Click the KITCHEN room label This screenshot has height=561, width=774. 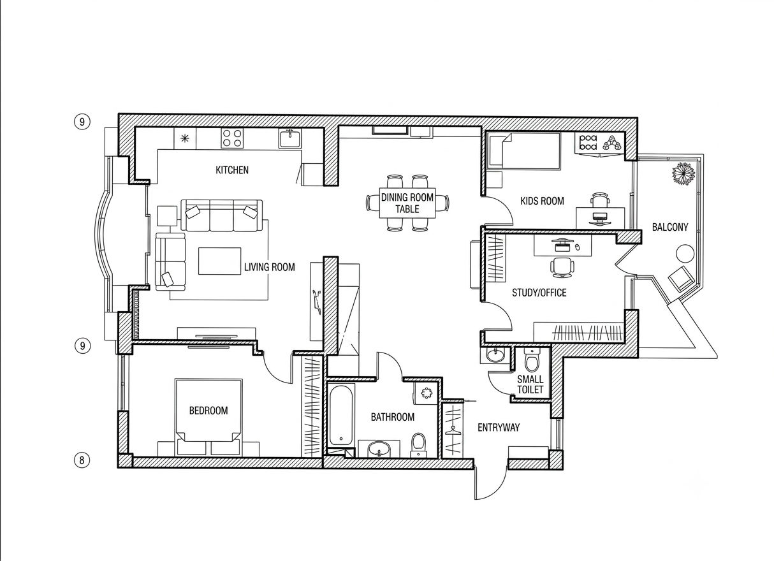(x=232, y=170)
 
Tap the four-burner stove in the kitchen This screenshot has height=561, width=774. (x=232, y=138)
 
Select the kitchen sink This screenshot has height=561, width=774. (x=290, y=138)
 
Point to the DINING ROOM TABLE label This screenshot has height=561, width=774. (x=407, y=203)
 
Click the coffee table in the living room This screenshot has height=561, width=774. (x=220, y=261)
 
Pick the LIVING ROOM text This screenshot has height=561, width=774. (x=270, y=267)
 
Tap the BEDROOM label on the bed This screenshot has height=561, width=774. (x=208, y=411)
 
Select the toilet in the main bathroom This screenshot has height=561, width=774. (x=419, y=445)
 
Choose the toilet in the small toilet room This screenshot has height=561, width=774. (x=532, y=361)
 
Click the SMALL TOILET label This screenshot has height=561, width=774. (x=530, y=384)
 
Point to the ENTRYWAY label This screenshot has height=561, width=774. (x=499, y=428)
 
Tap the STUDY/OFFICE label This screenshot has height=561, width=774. (x=539, y=293)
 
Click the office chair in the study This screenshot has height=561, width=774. (x=562, y=268)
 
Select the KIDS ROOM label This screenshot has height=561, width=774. (x=542, y=201)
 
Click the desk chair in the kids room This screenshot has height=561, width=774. (x=600, y=200)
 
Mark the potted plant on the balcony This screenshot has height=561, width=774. (x=683, y=173)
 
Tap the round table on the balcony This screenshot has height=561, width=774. (x=685, y=254)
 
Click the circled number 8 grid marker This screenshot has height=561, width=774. (x=82, y=460)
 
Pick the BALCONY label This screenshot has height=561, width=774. (x=670, y=227)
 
